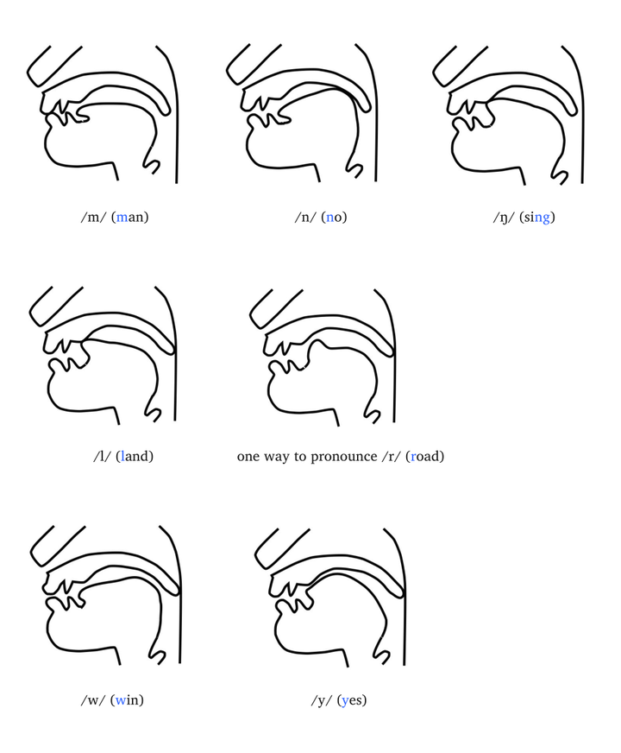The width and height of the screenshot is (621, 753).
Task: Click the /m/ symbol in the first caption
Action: [x=93, y=217]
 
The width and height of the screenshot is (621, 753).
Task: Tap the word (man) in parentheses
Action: [x=130, y=217]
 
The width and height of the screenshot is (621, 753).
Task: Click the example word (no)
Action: [x=335, y=217]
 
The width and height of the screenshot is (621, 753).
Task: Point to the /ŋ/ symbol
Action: [x=504, y=218]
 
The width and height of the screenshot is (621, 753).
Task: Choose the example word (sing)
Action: [x=537, y=218]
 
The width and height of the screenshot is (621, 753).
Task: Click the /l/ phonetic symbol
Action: [x=102, y=456]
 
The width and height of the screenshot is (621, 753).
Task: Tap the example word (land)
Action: [x=135, y=456]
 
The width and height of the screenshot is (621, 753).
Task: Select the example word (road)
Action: [x=425, y=456]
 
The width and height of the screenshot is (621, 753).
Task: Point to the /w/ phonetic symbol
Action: [x=93, y=700]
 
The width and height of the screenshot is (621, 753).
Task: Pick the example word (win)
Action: [x=127, y=700]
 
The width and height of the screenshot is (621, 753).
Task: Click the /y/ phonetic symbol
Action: [x=322, y=700]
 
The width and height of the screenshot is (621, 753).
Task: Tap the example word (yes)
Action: [x=352, y=700]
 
